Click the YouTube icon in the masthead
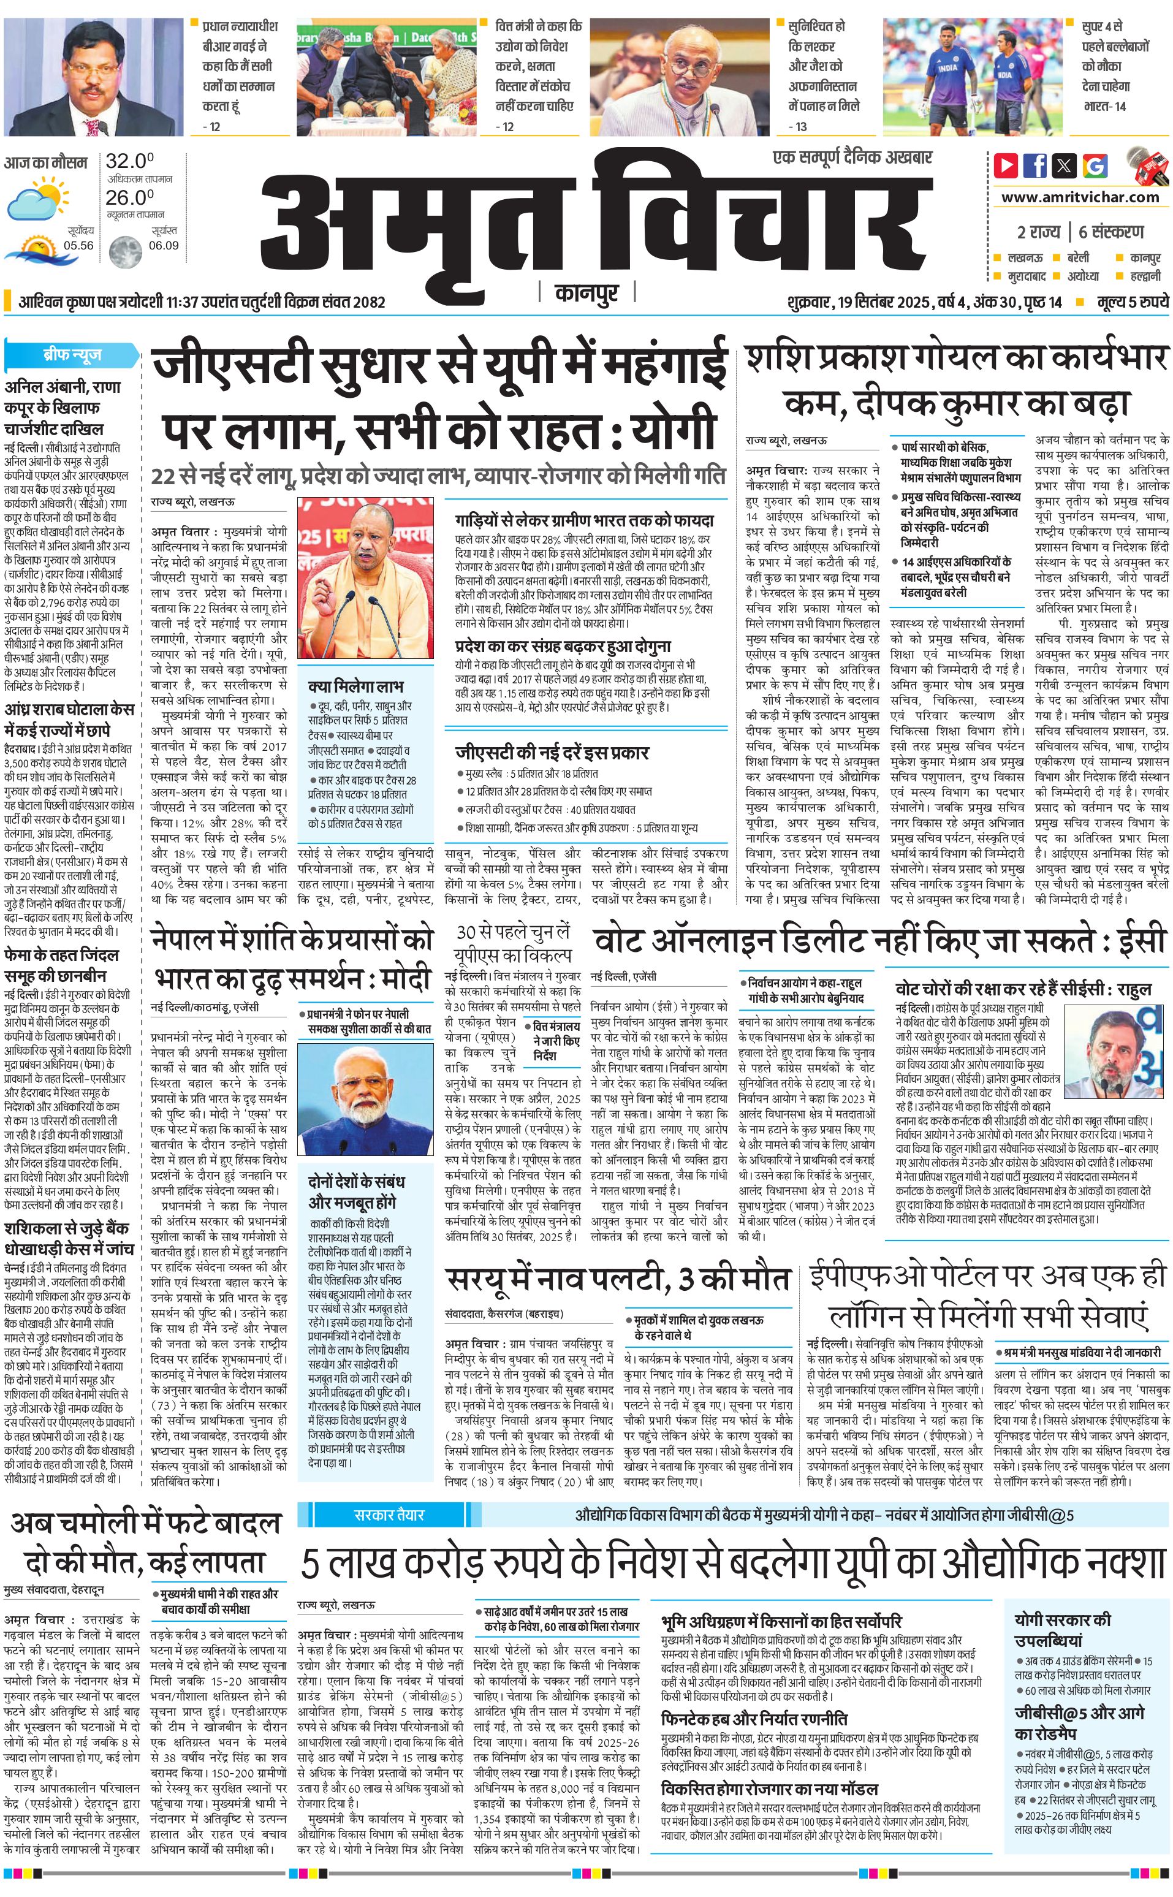(1006, 165)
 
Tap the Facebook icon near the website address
(1035, 165)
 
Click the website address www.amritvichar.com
(1080, 197)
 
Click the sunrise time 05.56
(78, 246)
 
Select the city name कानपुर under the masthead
(587, 293)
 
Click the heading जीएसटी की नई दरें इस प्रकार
(552, 752)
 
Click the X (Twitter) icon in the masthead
(1065, 165)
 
